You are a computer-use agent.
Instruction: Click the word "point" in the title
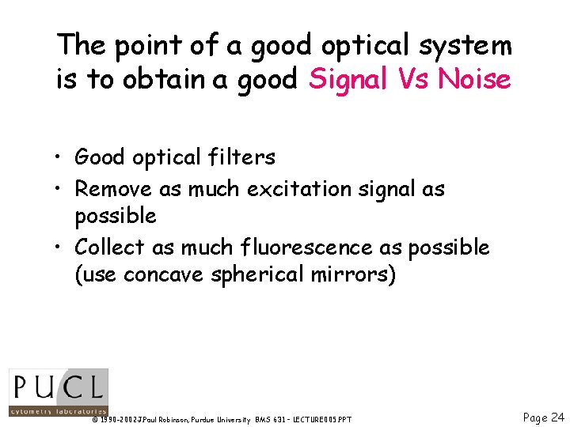(x=139, y=46)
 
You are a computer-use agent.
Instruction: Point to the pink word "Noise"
(x=474, y=79)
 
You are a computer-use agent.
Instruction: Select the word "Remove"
(x=114, y=189)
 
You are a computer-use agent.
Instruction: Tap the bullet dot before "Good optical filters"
(x=61, y=158)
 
